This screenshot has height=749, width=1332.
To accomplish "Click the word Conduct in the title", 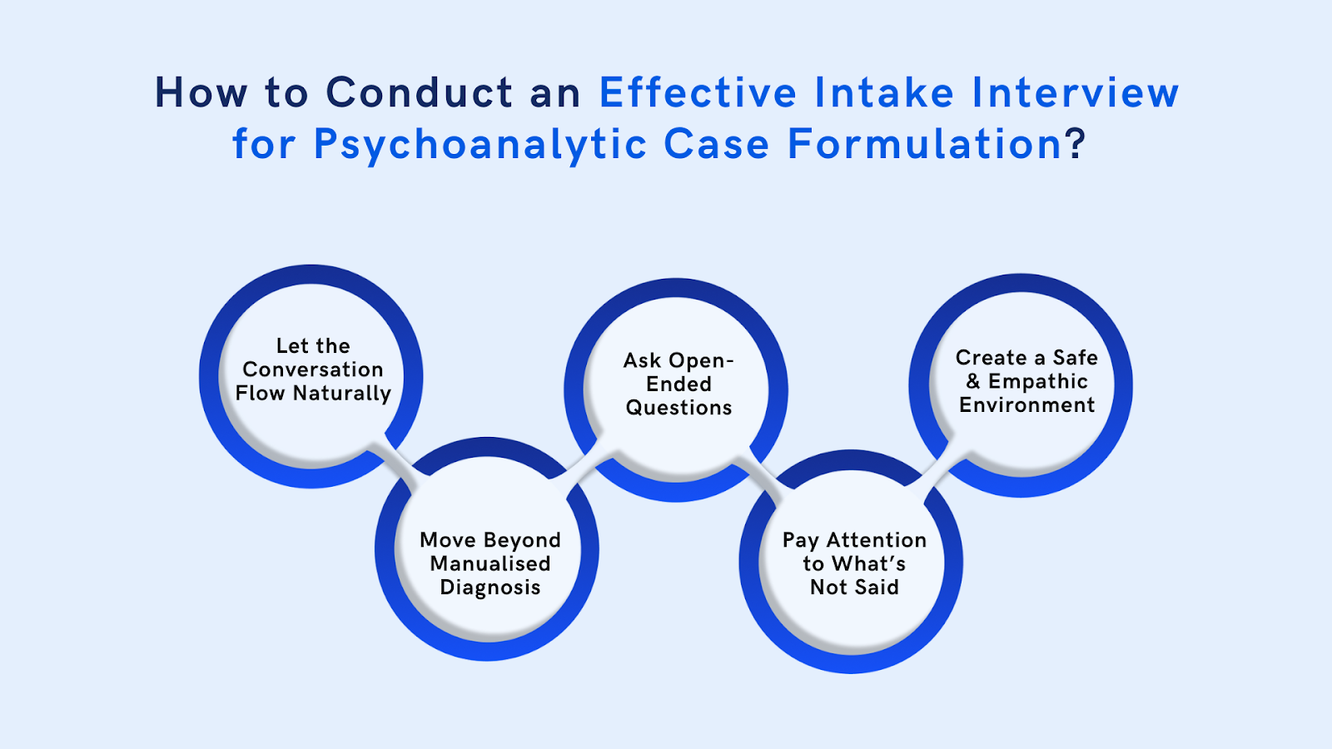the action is click(x=420, y=92).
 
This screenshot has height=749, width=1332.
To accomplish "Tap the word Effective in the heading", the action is click(x=698, y=92).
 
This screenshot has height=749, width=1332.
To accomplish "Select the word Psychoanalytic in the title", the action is click(x=480, y=145).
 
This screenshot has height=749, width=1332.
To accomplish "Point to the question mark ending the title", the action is click(x=1076, y=144).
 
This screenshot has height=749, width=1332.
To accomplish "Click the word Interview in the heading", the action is click(x=1075, y=92).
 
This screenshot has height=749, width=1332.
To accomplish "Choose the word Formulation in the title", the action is click(x=925, y=144).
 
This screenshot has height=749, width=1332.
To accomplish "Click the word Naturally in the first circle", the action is click(x=342, y=394).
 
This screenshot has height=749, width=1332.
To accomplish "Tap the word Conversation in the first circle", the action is click(x=313, y=370).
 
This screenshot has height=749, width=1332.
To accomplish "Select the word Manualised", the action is click(x=490, y=563).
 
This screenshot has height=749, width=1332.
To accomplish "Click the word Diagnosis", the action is click(x=490, y=588).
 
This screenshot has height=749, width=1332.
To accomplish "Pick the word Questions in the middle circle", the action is click(x=678, y=408).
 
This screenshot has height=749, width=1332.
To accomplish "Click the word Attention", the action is click(x=877, y=540).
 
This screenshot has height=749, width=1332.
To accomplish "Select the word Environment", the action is click(x=1026, y=405).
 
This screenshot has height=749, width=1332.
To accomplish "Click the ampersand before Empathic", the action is click(x=973, y=381).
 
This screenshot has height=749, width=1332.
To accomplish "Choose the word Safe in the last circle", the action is click(x=1075, y=358).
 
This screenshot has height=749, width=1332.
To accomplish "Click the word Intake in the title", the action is click(x=883, y=92).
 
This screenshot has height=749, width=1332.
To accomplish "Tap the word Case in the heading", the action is click(x=716, y=145).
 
